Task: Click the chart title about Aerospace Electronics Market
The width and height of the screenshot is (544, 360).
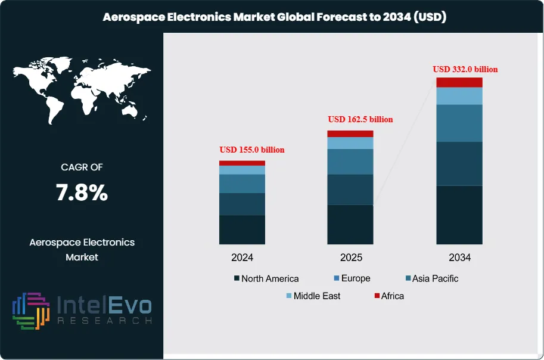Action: point(275,17)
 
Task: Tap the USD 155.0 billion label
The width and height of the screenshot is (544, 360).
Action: point(252,150)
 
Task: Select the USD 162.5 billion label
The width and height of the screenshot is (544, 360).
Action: point(360,119)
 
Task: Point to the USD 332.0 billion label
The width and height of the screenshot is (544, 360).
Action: point(465,69)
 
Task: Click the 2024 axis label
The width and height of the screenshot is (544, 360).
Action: point(242,257)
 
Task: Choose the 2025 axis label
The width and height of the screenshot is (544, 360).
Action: point(350,257)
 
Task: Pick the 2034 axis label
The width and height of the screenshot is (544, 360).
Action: point(459,257)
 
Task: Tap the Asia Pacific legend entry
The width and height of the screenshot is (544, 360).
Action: point(431,278)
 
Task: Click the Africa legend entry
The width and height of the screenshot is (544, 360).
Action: point(388,296)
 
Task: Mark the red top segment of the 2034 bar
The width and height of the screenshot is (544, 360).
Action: point(459,82)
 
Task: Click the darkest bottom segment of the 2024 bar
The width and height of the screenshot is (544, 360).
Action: point(242,229)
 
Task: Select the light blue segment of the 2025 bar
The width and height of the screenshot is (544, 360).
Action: point(350,143)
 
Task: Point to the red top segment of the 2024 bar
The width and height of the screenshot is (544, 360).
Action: point(242,163)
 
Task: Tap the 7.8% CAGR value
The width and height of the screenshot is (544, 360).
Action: point(82,193)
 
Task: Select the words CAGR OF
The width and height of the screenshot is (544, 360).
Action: point(82,167)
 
